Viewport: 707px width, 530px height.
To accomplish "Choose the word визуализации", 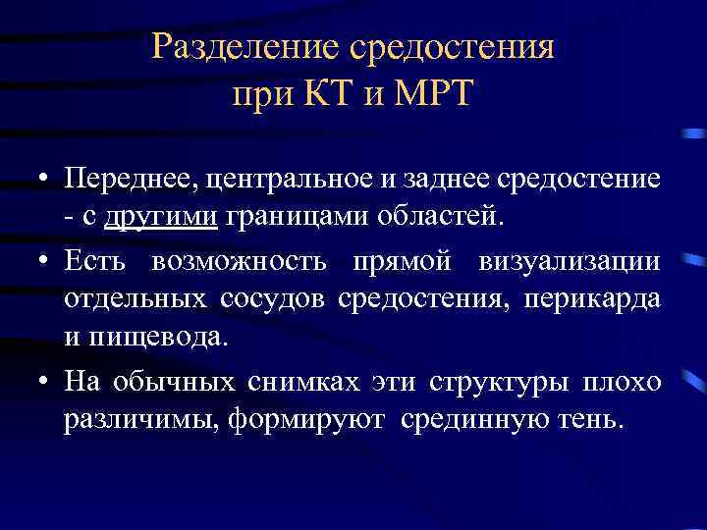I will [570, 262].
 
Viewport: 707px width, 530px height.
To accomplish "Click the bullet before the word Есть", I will [46, 262].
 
